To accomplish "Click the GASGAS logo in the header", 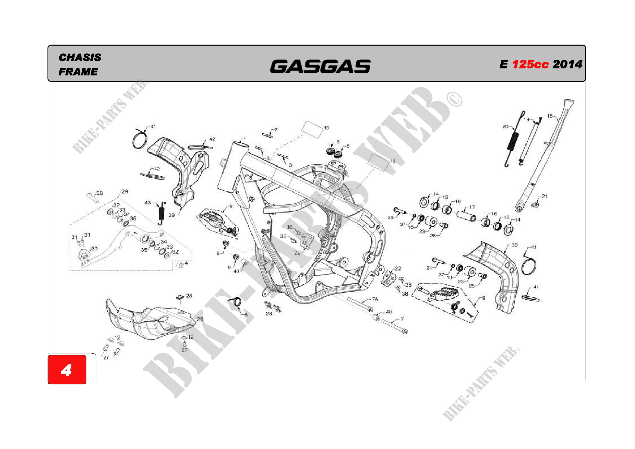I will click(x=320, y=67).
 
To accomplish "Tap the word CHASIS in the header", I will click(x=80, y=58).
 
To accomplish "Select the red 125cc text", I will click(x=530, y=64).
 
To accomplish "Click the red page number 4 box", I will click(x=67, y=370).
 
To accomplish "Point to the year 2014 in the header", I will click(x=567, y=64).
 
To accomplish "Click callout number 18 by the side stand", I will click(x=549, y=116).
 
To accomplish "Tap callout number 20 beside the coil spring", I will click(x=505, y=127).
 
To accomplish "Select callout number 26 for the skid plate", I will click(x=200, y=319).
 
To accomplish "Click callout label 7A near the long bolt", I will click(x=375, y=299).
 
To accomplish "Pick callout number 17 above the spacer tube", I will click(x=472, y=207).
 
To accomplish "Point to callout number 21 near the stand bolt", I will click(x=545, y=197).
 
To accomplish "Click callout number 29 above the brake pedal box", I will click(x=125, y=191).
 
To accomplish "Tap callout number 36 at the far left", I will click(x=100, y=193).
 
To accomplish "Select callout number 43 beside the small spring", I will click(x=148, y=203).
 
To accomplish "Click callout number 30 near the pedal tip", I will click(x=94, y=249).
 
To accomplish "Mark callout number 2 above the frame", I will click(x=276, y=130).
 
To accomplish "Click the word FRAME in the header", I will click(x=78, y=72).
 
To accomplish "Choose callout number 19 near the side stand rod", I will click(x=526, y=120).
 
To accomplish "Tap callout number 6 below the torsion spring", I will click(x=246, y=315).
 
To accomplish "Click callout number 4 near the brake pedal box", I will click(x=186, y=263).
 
